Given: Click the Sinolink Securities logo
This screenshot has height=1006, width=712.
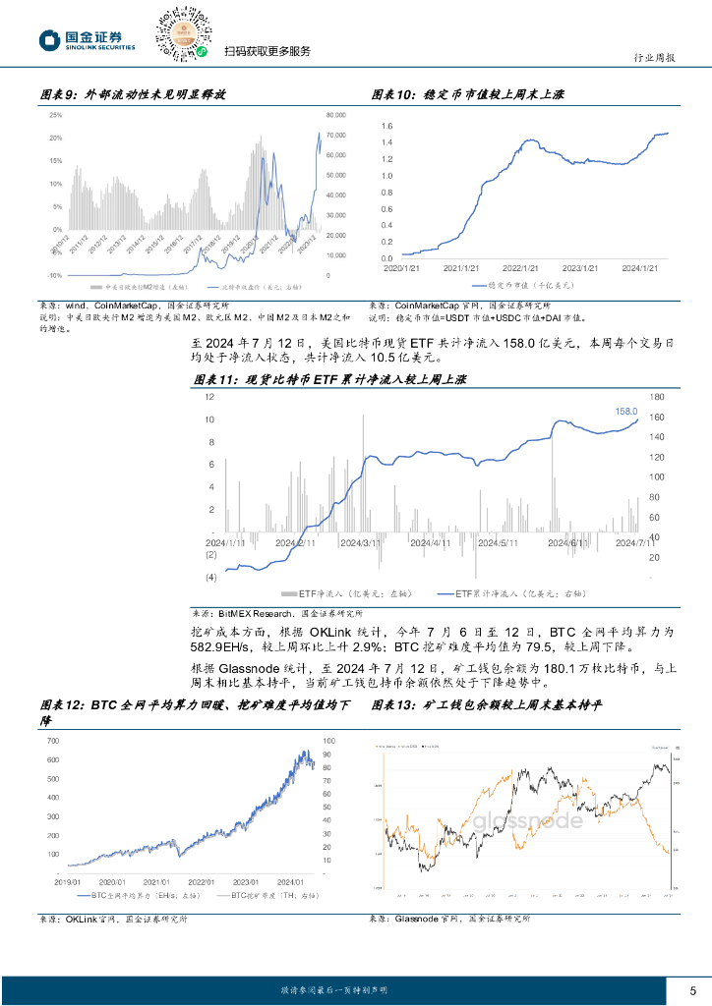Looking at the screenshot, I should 86,39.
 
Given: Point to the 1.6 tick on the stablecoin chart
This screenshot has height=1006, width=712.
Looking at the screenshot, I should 386,127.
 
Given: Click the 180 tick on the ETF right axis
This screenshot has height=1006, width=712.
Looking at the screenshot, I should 656,397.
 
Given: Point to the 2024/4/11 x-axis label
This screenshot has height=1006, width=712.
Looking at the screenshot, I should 430,542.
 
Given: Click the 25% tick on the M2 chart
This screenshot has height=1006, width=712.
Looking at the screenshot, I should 56,115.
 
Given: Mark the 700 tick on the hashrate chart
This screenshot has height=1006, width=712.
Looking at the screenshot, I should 53,740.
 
